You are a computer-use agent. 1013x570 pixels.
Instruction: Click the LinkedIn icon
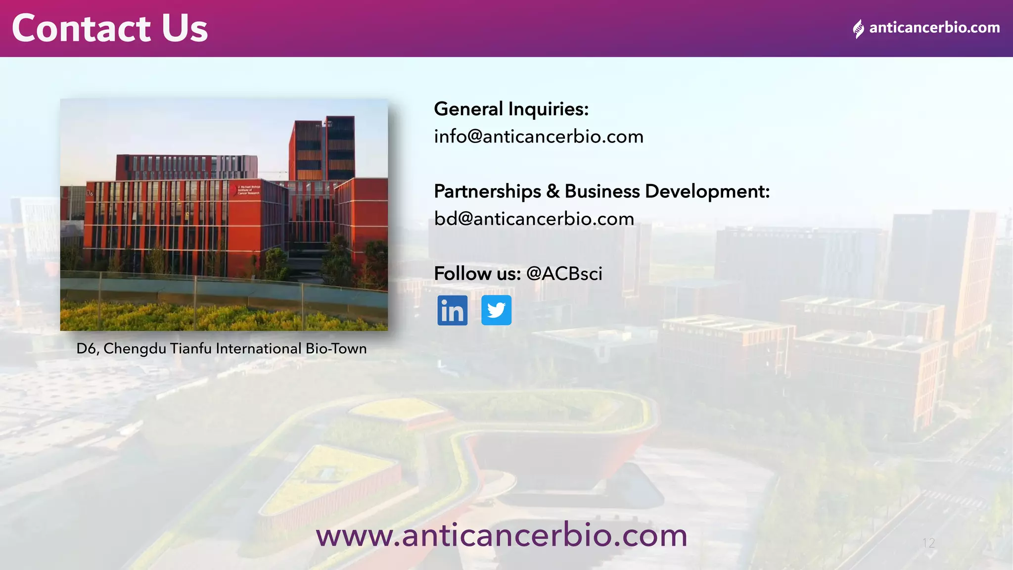(x=452, y=310)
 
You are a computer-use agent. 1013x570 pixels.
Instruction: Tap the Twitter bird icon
(x=496, y=310)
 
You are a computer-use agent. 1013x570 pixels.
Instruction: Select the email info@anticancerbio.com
(x=539, y=137)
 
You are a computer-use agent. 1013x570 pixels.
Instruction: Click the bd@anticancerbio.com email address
(x=534, y=219)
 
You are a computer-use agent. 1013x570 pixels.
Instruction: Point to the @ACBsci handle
(x=564, y=274)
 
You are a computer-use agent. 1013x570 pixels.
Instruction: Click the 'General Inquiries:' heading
(x=511, y=109)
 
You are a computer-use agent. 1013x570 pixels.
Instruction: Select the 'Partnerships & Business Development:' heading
(x=601, y=191)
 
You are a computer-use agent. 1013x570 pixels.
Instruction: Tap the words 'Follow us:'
(x=477, y=274)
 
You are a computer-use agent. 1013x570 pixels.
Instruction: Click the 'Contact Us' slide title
(x=109, y=28)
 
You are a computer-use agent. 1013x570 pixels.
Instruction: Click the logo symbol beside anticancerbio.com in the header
(x=858, y=29)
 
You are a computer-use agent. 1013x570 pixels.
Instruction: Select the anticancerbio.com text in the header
(x=934, y=28)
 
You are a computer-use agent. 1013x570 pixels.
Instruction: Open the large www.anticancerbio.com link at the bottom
(x=502, y=535)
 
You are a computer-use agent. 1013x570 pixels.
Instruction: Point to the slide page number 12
(x=928, y=543)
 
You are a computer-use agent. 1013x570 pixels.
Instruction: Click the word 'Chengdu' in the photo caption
(x=135, y=349)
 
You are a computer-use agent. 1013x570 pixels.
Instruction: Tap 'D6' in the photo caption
(x=88, y=349)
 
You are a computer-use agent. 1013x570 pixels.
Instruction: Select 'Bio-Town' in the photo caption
(x=336, y=349)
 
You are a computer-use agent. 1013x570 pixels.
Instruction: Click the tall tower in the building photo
(x=322, y=148)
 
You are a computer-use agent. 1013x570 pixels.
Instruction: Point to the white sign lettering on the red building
(x=248, y=190)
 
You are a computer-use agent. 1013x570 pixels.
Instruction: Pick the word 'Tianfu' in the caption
(x=190, y=349)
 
